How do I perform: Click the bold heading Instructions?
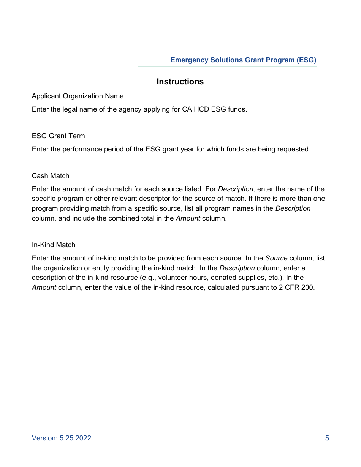[180, 82]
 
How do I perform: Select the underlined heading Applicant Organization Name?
[78, 96]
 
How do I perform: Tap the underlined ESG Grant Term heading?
[58, 136]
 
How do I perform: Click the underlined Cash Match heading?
[51, 176]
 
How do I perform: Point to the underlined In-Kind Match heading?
[54, 245]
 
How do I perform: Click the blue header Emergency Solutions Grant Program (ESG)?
[243, 60]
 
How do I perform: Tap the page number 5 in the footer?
[327, 438]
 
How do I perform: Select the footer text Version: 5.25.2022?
[62, 438]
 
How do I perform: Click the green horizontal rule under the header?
[227, 66]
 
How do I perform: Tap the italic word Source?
[276, 258]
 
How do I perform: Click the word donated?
[226, 278]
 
